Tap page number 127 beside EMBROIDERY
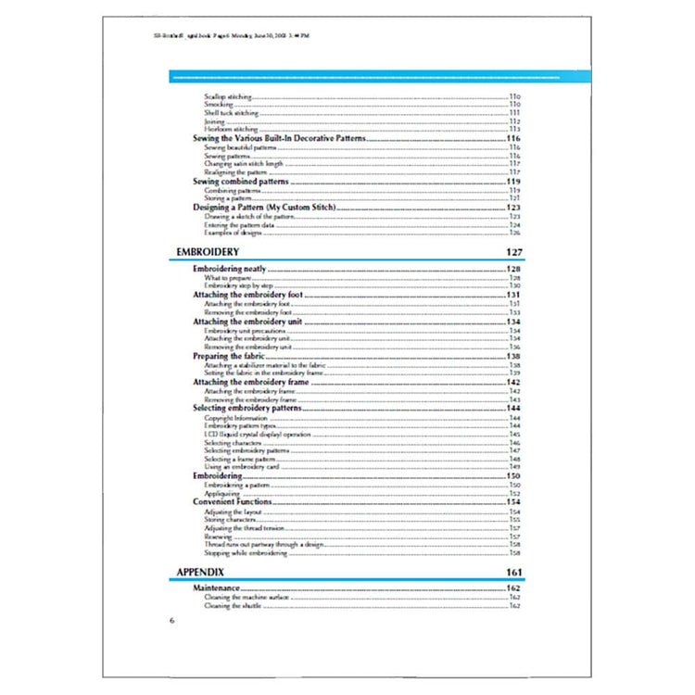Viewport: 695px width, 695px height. [x=514, y=252]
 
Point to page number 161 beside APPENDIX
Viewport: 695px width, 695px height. [x=514, y=572]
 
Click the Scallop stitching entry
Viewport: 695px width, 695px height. [x=227, y=97]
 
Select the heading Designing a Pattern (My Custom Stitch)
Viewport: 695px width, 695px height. [x=263, y=208]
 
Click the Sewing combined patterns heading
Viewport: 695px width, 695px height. [x=240, y=182]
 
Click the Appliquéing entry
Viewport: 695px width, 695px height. [x=223, y=494]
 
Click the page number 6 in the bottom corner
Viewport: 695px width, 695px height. [x=171, y=620]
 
